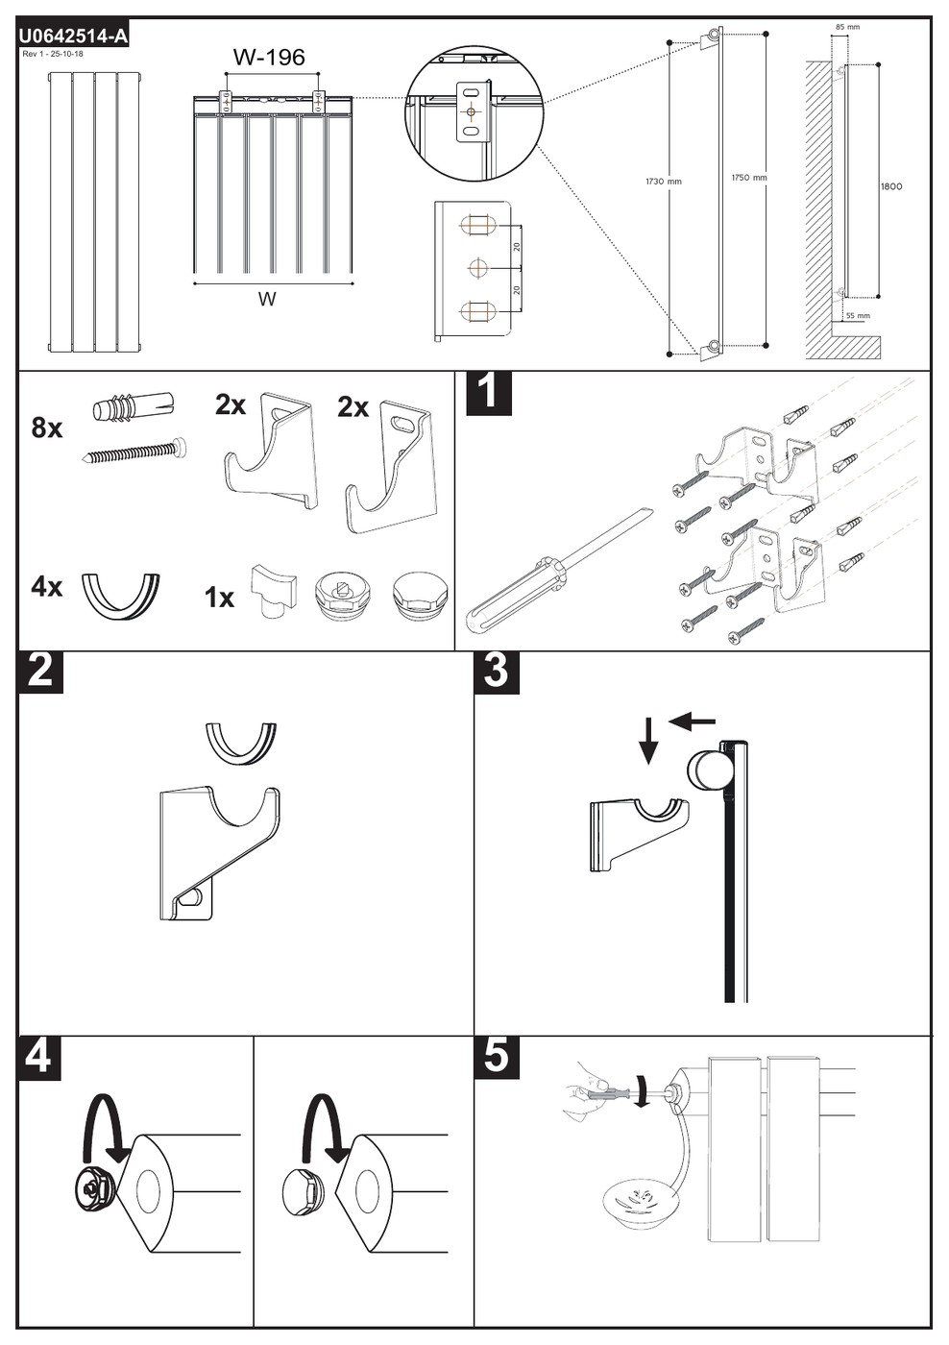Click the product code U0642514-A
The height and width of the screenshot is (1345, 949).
point(73,37)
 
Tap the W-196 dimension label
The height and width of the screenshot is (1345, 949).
point(269,57)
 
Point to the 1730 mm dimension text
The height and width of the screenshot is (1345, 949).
point(664,181)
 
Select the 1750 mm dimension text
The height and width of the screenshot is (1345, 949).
point(749,177)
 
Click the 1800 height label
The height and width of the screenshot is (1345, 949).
point(891,186)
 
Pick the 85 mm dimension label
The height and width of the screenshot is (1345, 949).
point(847,27)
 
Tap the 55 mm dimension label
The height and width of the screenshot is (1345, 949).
point(858,315)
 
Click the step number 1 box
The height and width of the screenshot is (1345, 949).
point(489,393)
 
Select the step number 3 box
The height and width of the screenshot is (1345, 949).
point(497,672)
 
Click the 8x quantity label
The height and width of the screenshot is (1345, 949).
point(47,428)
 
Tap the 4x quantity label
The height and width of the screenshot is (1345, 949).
point(47,587)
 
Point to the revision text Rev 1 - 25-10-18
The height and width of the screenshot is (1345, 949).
point(53,54)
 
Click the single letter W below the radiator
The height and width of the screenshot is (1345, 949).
point(266,299)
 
